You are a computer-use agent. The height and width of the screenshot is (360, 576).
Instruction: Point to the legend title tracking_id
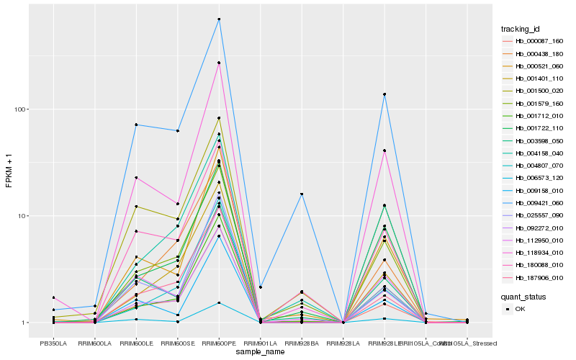tap(521, 29)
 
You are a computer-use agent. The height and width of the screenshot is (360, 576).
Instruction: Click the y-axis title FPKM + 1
tap(9, 171)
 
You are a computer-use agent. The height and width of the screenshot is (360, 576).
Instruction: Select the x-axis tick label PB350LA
tap(53, 343)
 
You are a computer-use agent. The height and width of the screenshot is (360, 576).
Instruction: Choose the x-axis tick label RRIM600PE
tap(219, 343)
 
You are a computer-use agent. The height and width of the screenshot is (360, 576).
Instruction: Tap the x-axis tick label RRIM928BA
tap(302, 343)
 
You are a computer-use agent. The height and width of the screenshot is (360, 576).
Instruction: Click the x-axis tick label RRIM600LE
tap(136, 343)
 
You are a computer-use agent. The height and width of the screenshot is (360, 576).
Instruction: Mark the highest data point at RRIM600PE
tap(219, 19)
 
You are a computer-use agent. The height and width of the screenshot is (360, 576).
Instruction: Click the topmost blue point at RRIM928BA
tap(302, 194)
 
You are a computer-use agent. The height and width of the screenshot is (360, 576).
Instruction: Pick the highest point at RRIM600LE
tap(136, 125)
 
